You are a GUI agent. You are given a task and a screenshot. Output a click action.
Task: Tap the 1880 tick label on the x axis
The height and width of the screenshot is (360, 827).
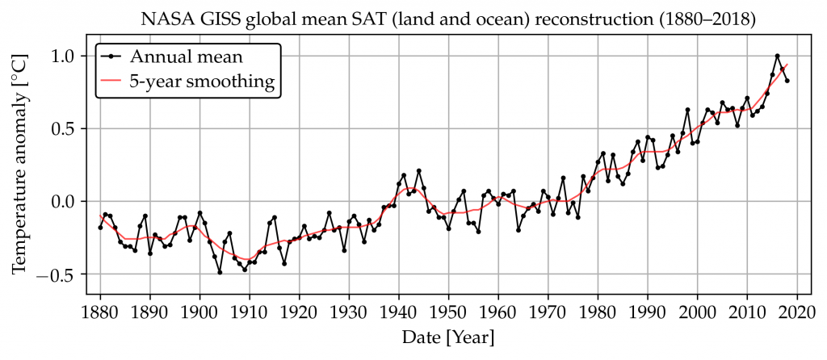coord(100,312)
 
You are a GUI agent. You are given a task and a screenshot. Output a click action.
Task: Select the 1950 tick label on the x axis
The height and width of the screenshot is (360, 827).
coord(449,312)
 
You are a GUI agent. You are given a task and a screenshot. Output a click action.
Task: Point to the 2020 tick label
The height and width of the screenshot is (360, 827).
coord(797,312)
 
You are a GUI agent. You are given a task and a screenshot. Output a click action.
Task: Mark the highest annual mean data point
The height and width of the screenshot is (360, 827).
coord(777,56)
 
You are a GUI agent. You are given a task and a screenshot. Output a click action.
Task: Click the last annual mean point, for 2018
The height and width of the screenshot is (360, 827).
coord(787,81)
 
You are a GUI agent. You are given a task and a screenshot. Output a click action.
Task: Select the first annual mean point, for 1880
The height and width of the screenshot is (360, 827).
coord(100,228)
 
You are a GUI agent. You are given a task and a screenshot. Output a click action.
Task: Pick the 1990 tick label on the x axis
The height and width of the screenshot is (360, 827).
coord(648,312)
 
